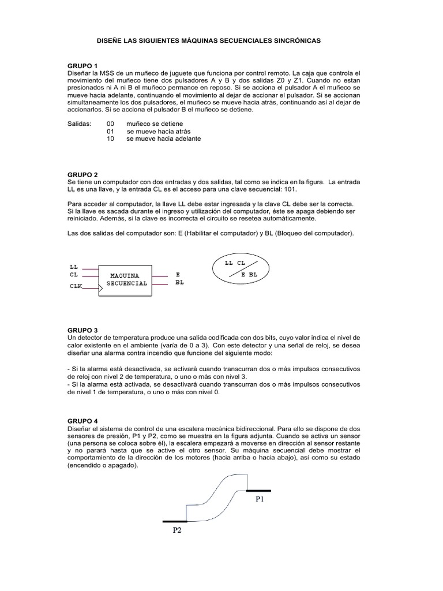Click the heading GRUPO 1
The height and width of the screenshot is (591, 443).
click(82, 66)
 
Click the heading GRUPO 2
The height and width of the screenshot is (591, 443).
click(82, 174)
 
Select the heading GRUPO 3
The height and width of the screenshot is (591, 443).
click(82, 330)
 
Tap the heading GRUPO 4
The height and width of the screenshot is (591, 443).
click(82, 421)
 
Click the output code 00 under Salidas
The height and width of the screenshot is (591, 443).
click(111, 124)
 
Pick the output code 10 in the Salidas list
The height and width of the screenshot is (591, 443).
click(111, 139)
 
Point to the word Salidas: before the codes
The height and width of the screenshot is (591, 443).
click(79, 124)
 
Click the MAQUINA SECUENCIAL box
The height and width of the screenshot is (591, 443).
click(126, 280)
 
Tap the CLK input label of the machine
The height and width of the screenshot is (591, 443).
click(76, 286)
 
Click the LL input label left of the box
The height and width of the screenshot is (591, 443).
click(73, 267)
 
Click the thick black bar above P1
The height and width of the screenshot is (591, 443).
click(260, 490)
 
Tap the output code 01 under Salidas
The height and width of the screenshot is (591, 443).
click(111, 132)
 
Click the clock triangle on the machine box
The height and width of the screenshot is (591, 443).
click(102, 284)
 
